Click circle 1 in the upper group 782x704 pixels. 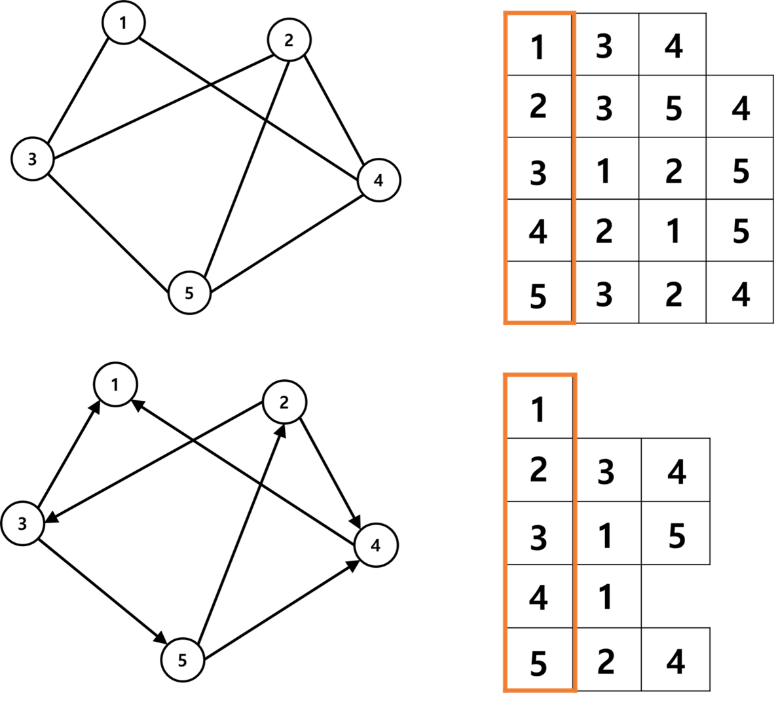pyautogui.click(x=124, y=23)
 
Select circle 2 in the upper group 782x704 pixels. pyautogui.click(x=289, y=40)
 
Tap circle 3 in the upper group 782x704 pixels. pyautogui.click(x=33, y=158)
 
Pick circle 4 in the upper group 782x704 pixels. pyautogui.click(x=379, y=180)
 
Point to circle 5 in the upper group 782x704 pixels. pyautogui.click(x=189, y=293)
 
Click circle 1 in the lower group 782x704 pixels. pyautogui.click(x=115, y=384)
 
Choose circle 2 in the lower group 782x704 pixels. pyautogui.click(x=284, y=402)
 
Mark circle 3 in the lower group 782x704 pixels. pyautogui.click(x=23, y=523)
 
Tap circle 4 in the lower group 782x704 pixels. pyautogui.click(x=376, y=545)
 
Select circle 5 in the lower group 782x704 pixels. pyautogui.click(x=183, y=660)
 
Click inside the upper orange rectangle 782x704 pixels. pyautogui.click(x=540, y=167)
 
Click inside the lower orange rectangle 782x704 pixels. pyautogui.click(x=540, y=532)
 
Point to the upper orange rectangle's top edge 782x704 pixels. pyautogui.click(x=540, y=12)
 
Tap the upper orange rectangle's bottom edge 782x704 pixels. pyautogui.click(x=540, y=322)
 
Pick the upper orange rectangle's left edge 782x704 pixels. pyautogui.click(x=506, y=167)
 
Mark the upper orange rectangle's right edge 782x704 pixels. pyautogui.click(x=574, y=167)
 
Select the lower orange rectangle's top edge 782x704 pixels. pyautogui.click(x=540, y=375)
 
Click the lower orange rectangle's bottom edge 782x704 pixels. pyautogui.click(x=540, y=690)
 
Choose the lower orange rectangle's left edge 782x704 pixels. pyautogui.click(x=506, y=532)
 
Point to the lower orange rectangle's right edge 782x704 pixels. pyautogui.click(x=574, y=532)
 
